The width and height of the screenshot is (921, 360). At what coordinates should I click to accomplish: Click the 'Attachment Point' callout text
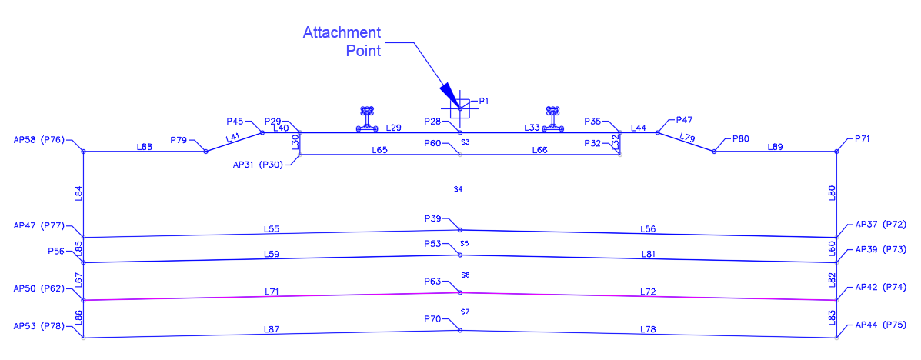click(342, 42)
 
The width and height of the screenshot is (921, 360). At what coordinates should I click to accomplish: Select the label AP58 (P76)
click(39, 140)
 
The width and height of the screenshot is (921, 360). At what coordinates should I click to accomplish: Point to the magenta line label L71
click(272, 292)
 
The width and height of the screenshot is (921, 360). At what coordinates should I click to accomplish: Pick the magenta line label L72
click(648, 292)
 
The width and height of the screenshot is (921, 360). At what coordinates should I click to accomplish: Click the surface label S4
click(458, 188)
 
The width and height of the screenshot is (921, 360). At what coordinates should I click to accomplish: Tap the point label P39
click(433, 219)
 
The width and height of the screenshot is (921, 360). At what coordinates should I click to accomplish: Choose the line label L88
click(144, 146)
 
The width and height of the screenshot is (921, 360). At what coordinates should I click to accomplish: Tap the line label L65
click(379, 150)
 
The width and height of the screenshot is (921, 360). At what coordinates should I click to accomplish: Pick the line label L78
click(648, 330)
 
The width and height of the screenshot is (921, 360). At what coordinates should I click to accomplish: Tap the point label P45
click(235, 122)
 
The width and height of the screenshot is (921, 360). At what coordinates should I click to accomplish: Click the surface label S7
click(465, 311)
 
